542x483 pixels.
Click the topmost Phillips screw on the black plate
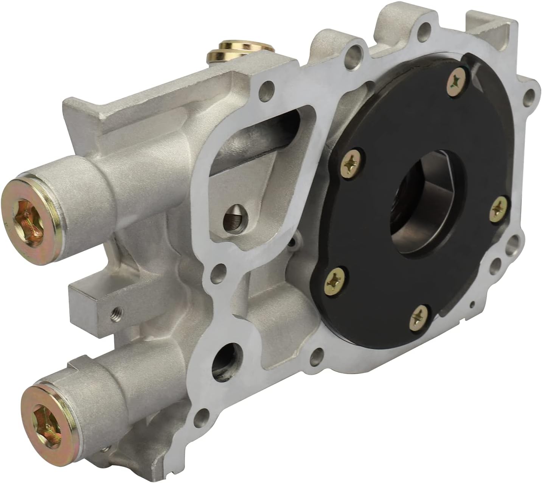pos(455,81)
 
